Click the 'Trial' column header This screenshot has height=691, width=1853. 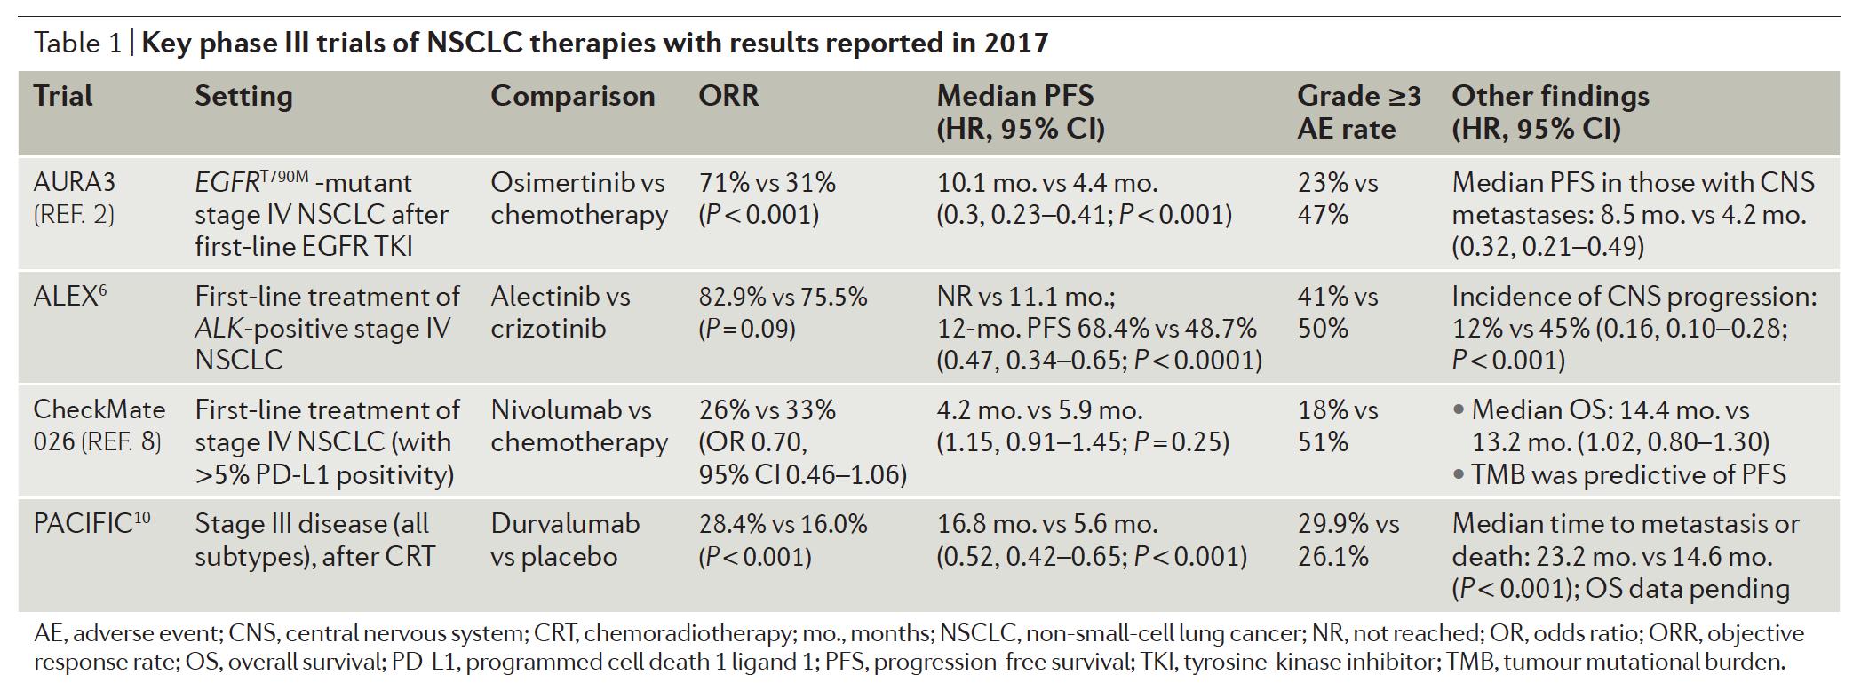tap(63, 96)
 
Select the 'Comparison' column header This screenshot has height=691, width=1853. tap(572, 96)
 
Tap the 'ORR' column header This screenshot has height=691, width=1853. tap(728, 96)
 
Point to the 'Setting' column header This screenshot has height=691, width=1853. tap(243, 96)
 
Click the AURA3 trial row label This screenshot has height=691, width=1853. tap(75, 183)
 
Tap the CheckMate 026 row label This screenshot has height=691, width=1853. tap(99, 425)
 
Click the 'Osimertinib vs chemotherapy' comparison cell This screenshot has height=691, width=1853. tap(578, 199)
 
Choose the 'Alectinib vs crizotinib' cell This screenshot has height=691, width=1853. tap(560, 313)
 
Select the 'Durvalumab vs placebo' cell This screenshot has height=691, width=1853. tap(565, 540)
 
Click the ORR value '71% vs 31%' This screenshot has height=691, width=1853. tap(767, 183)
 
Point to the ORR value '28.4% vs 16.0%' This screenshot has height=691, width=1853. tap(783, 524)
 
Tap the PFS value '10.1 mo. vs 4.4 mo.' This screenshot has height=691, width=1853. tap(1047, 183)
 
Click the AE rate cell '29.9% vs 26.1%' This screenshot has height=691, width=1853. tap(1348, 540)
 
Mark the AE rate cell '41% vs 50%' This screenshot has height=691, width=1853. tap(1337, 313)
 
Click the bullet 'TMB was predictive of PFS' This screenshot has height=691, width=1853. tap(1627, 475)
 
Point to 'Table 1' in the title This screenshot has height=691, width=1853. tap(77, 43)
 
